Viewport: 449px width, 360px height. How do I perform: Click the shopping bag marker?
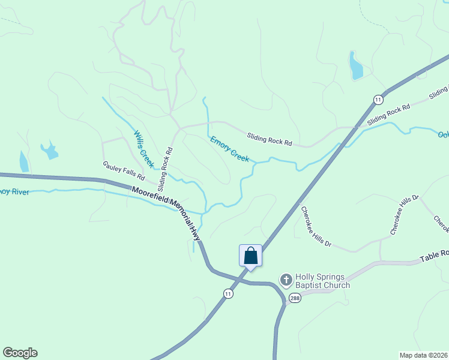250,256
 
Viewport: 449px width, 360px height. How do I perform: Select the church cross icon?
286,280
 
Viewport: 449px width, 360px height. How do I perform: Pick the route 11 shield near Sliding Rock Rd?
377,99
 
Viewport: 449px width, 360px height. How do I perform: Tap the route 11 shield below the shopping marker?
228,293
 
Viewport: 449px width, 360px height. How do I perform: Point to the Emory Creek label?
230,149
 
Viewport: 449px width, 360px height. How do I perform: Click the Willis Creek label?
143,149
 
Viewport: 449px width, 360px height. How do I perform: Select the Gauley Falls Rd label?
124,171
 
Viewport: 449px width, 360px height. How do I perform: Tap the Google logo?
20,353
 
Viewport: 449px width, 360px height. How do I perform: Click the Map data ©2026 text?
423,355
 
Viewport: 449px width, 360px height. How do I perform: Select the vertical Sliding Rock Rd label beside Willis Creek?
166,163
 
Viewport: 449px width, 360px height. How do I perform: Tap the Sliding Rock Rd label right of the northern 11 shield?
388,114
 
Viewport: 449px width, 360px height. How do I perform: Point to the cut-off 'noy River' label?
14,192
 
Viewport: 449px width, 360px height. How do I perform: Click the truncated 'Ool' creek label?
443,135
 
